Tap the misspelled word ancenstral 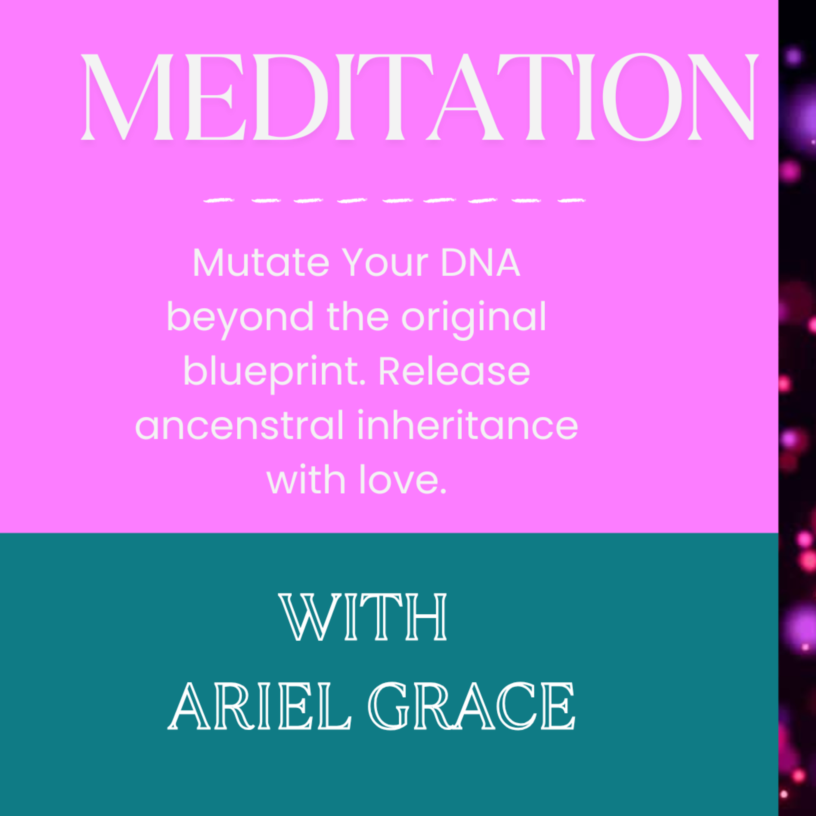click(239, 426)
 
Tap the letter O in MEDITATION click(642, 97)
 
